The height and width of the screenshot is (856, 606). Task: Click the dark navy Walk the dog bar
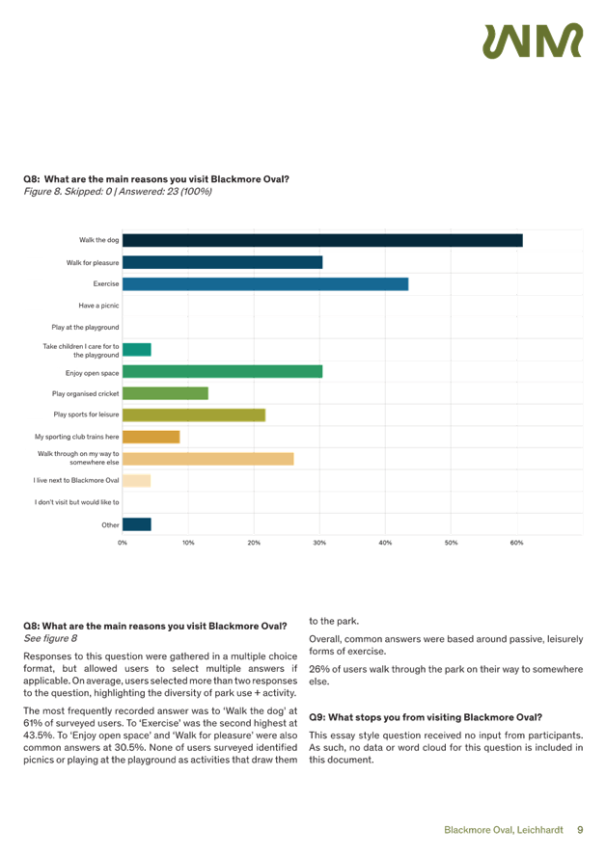pyautogui.click(x=322, y=240)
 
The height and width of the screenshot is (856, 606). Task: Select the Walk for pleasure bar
pyautogui.click(x=223, y=262)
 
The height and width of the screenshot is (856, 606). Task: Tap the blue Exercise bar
pyautogui.click(x=265, y=283)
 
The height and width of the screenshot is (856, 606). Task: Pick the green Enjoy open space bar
pyautogui.click(x=223, y=371)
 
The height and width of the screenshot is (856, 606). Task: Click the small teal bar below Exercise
pyautogui.click(x=137, y=349)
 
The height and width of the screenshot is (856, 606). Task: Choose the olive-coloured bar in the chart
pyautogui.click(x=194, y=415)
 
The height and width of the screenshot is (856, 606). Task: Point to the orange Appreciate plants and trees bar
pyautogui.click(x=151, y=437)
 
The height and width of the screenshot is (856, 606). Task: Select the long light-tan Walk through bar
pyautogui.click(x=208, y=459)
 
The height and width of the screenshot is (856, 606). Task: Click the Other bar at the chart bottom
pyautogui.click(x=137, y=524)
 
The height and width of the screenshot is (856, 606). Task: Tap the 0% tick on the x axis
pyautogui.click(x=123, y=544)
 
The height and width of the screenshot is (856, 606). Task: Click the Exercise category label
pyautogui.click(x=106, y=283)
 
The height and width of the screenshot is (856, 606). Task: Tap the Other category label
pyautogui.click(x=110, y=524)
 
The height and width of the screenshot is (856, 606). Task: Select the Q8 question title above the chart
pyautogui.click(x=155, y=179)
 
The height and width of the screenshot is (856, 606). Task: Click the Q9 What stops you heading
pyautogui.click(x=426, y=717)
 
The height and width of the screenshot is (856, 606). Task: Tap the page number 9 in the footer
pyautogui.click(x=580, y=829)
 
